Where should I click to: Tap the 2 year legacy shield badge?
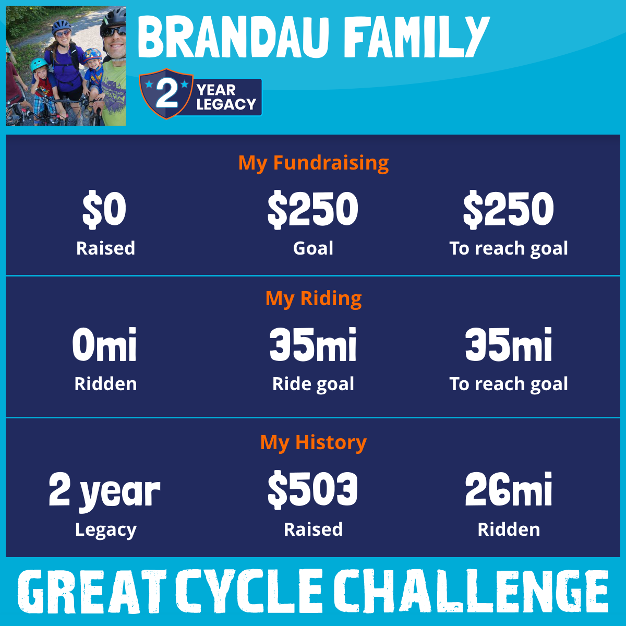166,94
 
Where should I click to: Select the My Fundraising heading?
313,163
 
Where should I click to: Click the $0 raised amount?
104,209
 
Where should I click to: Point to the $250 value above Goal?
313,209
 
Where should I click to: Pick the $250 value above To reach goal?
509,209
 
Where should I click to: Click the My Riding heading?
313,298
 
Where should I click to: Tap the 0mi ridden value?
104,344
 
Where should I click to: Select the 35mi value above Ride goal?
313,344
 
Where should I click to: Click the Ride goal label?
313,384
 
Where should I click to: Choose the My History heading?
313,442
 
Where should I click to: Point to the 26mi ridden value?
509,489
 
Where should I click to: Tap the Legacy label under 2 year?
105,530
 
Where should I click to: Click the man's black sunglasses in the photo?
113,32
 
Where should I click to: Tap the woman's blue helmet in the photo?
62,26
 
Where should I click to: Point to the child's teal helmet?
39,64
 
